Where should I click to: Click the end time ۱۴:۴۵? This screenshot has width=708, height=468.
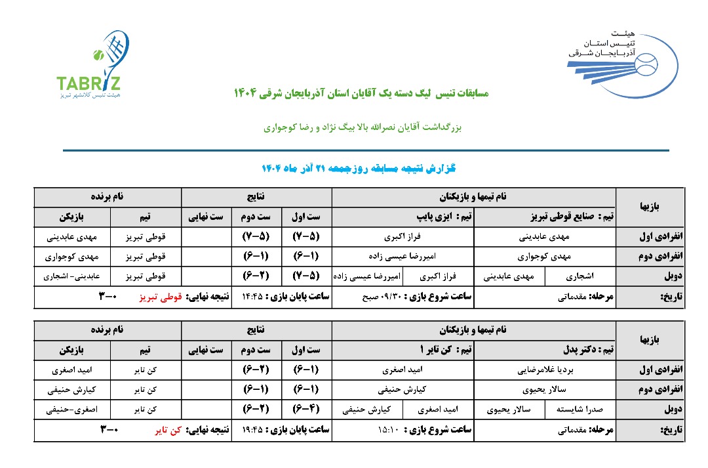coord(252,297)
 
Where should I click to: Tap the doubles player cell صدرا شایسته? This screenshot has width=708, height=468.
coord(583,411)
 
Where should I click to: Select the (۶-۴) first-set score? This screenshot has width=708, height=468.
coord(307,411)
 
